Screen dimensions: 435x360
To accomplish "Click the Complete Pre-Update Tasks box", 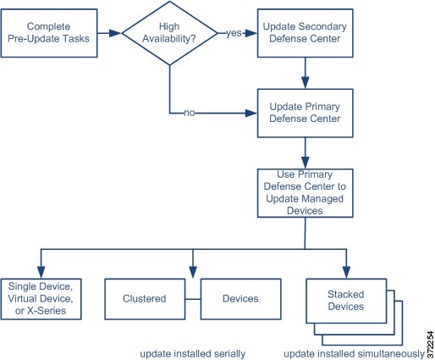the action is [x=49, y=33].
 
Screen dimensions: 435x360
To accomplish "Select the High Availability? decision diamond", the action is [x=169, y=33].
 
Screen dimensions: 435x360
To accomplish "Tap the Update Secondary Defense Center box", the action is [x=305, y=33].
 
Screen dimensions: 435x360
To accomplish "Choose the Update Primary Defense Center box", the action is [x=305, y=114].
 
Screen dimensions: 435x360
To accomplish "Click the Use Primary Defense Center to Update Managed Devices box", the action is [x=305, y=193].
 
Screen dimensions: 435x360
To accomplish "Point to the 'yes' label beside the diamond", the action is [x=234, y=33].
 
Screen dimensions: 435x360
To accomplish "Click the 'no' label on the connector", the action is [x=190, y=113].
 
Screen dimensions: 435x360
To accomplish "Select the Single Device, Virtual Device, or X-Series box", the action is [x=41, y=299].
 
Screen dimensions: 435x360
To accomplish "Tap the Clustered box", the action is [x=145, y=299].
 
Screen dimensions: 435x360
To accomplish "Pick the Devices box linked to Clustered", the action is [x=240, y=299].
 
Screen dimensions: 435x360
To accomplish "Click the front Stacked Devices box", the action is [x=346, y=301].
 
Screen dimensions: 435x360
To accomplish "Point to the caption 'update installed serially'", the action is [x=193, y=354].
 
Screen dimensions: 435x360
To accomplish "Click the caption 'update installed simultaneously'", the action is [x=355, y=354].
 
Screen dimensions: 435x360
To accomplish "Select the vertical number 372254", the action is [x=430, y=345].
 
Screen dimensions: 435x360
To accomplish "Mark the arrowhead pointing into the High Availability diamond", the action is [x=115, y=33].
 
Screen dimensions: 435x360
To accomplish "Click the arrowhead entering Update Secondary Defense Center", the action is [x=251, y=33].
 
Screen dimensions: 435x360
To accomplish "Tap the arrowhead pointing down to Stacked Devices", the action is [x=346, y=272].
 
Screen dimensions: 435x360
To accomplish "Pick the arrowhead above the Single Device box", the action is [x=41, y=272].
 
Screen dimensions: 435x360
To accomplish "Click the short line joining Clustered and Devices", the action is [x=193, y=299].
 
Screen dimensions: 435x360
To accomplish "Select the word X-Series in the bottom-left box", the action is [x=47, y=311].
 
